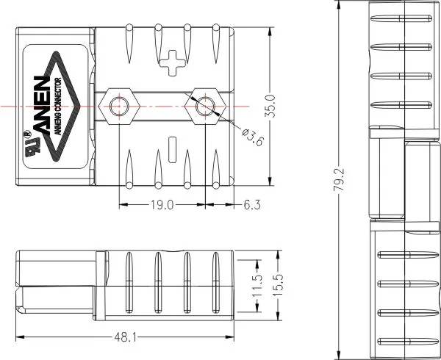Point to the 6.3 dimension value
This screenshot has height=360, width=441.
coord(252,206)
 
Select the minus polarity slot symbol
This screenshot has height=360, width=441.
coord(173,146)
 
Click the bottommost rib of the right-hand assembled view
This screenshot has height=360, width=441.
coord(406,342)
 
